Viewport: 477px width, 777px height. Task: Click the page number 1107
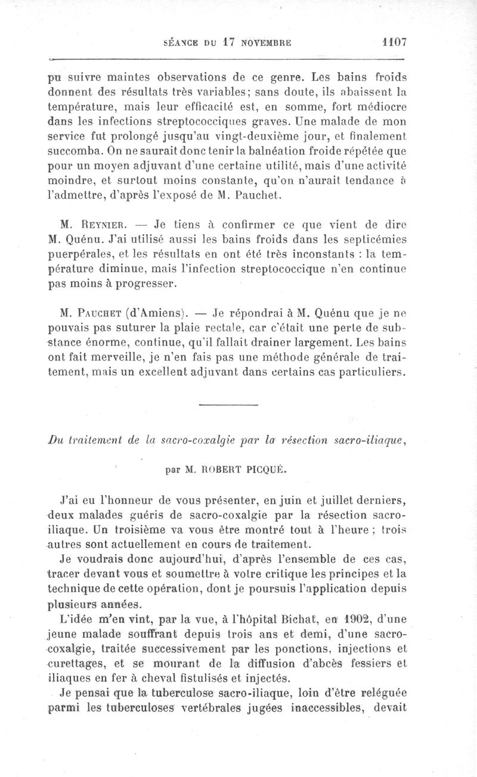(394, 42)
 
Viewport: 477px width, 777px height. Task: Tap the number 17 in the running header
(230, 42)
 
